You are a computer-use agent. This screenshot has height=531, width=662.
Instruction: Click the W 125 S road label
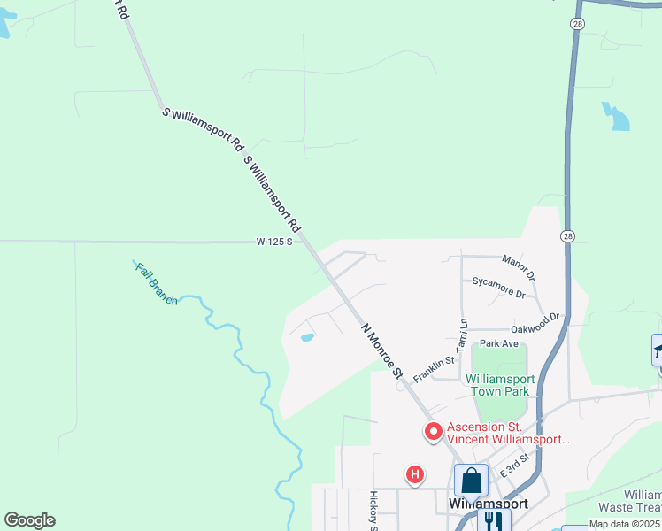click(274, 242)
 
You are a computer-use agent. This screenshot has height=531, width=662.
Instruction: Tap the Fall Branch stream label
click(157, 284)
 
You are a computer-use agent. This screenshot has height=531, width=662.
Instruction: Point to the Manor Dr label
click(519, 263)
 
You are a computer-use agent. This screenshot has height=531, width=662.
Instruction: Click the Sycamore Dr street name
click(499, 288)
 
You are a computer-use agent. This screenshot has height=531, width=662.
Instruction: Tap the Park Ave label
click(498, 343)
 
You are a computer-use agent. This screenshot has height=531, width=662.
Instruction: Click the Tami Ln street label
click(462, 335)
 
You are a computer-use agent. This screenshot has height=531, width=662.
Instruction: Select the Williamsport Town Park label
click(497, 385)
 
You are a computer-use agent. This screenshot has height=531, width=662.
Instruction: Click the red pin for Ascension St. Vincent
click(434, 432)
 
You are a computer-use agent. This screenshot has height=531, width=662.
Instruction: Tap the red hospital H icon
click(414, 475)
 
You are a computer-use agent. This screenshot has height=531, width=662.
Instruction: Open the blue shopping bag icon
click(472, 481)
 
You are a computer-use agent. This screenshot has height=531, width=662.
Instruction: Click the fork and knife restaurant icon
click(493, 519)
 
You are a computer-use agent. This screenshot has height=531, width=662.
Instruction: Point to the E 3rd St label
click(514, 465)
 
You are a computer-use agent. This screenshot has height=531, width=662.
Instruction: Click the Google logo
click(29, 519)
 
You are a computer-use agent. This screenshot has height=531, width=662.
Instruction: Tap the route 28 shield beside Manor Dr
click(566, 236)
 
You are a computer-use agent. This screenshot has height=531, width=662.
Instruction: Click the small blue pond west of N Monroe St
click(307, 337)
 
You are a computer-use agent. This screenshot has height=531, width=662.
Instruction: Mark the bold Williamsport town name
click(489, 503)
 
